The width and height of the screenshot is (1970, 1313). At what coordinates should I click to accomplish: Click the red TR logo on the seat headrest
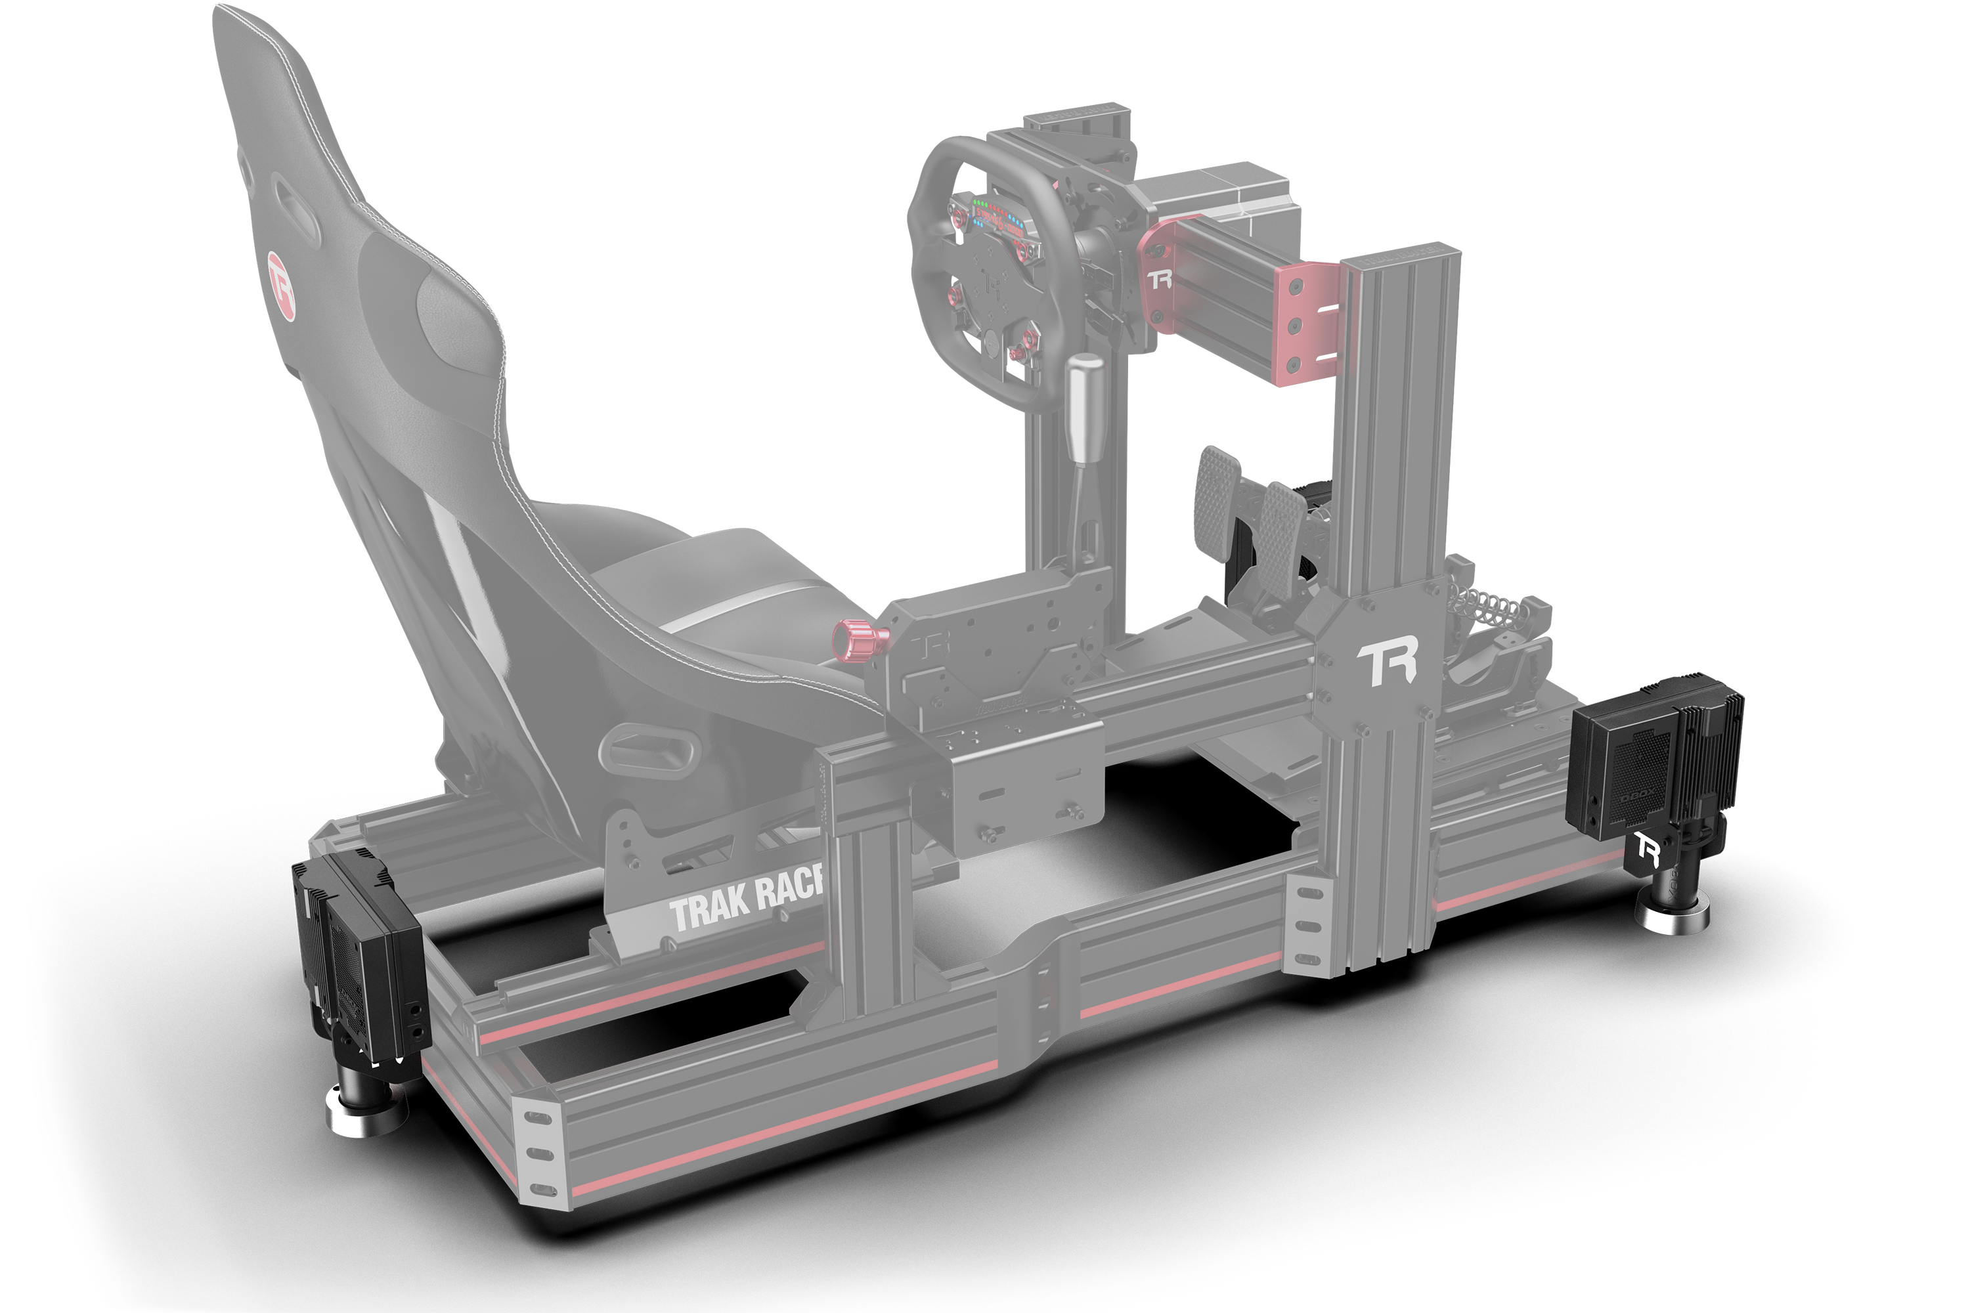(x=282, y=285)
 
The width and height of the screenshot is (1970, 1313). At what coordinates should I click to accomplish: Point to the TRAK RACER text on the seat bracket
(x=745, y=900)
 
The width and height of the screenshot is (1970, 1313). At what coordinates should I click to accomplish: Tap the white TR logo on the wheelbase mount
(x=1161, y=279)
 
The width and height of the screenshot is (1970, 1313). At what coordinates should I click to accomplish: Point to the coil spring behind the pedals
(x=1487, y=602)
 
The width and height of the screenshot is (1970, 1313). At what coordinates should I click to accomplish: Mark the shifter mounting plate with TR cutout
(x=992, y=657)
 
